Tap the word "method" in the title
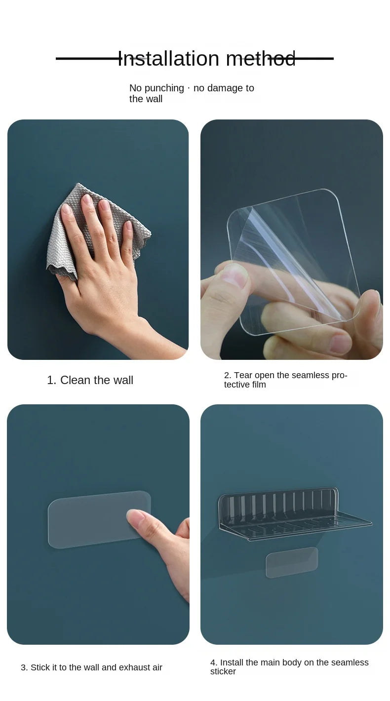[261, 59]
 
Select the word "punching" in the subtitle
[164, 88]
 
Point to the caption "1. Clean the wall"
[90, 380]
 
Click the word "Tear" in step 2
[243, 375]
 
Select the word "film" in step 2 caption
[259, 384]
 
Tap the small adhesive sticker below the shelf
[292, 562]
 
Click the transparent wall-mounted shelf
[294, 513]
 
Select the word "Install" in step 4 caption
[232, 662]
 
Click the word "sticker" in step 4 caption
[223, 671]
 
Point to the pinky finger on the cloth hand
[129, 238]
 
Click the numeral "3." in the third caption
[24, 667]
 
